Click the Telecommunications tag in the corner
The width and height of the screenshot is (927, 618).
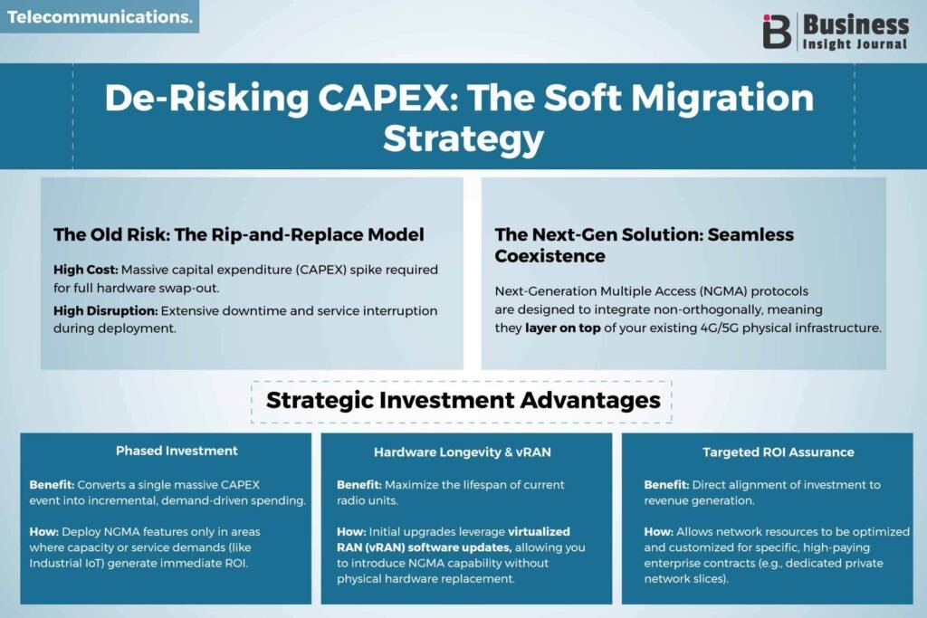[100, 16]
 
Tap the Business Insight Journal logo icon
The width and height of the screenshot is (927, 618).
[776, 32]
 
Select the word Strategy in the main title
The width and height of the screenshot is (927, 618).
[463, 139]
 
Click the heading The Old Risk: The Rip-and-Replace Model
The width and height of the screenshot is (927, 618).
[239, 234]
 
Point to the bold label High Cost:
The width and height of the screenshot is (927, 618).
[86, 270]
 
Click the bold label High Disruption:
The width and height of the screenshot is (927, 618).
[105, 310]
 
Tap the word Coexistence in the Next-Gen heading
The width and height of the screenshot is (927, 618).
[550, 256]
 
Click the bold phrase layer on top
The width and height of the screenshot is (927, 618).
[563, 328]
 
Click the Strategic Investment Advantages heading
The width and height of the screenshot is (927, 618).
[463, 401]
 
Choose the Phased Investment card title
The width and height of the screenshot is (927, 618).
[177, 451]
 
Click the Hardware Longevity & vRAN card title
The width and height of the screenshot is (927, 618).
[463, 452]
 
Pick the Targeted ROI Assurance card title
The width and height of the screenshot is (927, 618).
[778, 452]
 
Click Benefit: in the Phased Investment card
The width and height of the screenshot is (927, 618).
[52, 484]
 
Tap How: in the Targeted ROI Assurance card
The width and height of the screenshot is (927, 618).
[659, 532]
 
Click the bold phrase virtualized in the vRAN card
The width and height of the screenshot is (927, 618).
[539, 532]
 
